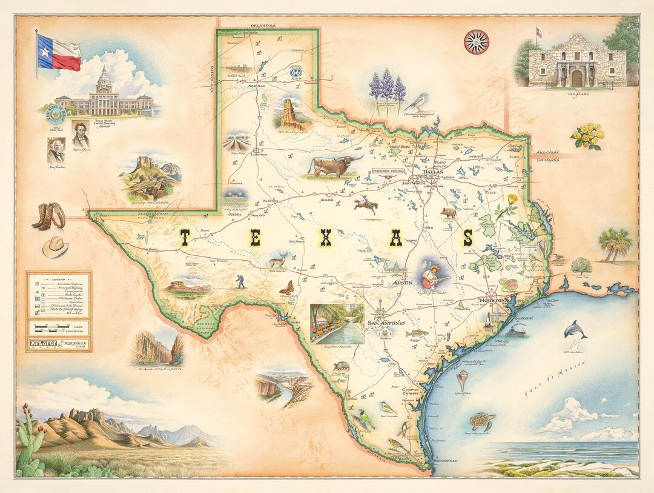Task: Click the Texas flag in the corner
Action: pos(58,52)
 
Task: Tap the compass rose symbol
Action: pos(477,41)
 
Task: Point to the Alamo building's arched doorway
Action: pos(576,78)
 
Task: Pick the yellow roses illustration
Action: pos(587,136)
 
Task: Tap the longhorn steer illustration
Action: pos(334,165)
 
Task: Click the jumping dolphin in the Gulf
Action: pos(575,330)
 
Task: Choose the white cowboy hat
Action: pos(55,246)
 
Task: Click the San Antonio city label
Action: pos(386,323)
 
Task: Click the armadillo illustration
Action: pos(342,366)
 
